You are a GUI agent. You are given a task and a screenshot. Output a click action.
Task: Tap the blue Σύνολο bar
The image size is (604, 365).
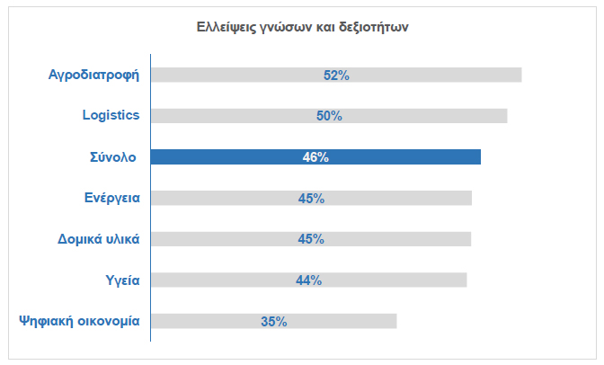click(x=404, y=157)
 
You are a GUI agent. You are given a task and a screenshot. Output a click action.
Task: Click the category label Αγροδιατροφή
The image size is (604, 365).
click(x=93, y=75)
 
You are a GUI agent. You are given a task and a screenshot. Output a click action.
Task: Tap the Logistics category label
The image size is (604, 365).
click(x=111, y=116)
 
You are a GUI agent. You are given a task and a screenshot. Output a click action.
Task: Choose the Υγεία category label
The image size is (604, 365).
click(x=122, y=280)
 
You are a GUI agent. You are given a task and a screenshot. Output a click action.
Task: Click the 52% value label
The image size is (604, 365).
click(x=336, y=76)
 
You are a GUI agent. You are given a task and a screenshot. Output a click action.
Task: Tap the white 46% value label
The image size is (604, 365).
click(x=315, y=157)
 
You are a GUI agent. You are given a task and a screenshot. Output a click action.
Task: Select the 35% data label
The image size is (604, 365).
click(x=273, y=321)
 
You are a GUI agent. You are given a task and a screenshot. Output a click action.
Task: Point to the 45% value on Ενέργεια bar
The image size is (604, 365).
click(x=311, y=199)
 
